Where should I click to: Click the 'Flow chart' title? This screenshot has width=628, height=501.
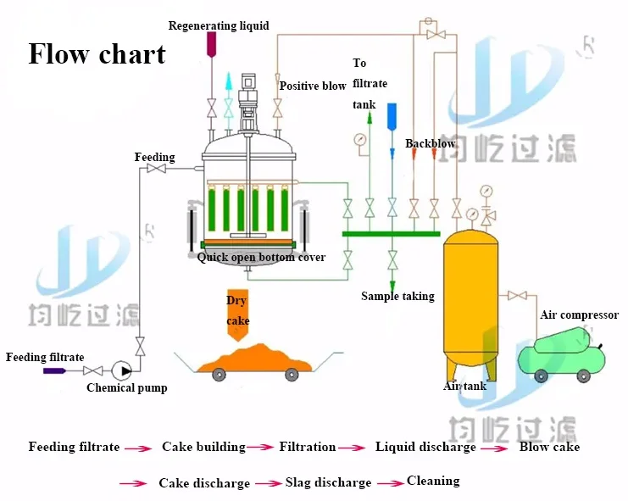point(97,54)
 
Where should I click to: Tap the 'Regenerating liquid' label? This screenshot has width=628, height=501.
point(219,25)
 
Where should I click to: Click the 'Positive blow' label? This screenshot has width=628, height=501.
point(313,86)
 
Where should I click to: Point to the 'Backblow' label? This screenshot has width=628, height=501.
point(430,144)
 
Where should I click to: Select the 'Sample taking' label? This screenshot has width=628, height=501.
point(397,296)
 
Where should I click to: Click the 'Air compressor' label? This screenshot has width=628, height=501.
point(579,315)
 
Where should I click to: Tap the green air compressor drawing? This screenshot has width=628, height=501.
point(564,354)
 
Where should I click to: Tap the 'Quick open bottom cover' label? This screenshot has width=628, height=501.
point(261,258)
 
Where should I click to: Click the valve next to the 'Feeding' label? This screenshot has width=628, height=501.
point(156,170)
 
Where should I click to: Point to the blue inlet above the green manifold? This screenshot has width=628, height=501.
point(392,116)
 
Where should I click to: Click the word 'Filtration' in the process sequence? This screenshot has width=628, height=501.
point(308,447)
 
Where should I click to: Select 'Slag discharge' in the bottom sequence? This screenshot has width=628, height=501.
point(326,482)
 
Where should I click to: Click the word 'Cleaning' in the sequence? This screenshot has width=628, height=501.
point(433,481)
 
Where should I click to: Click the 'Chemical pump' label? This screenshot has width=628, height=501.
point(127,388)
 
